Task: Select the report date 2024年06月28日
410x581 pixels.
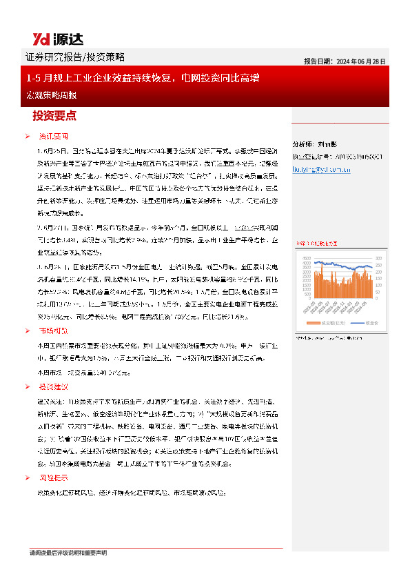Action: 345,61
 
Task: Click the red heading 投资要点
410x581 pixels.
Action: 54,115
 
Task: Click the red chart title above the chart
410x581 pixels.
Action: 317,244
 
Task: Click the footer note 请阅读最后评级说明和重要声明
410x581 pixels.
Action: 68,553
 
